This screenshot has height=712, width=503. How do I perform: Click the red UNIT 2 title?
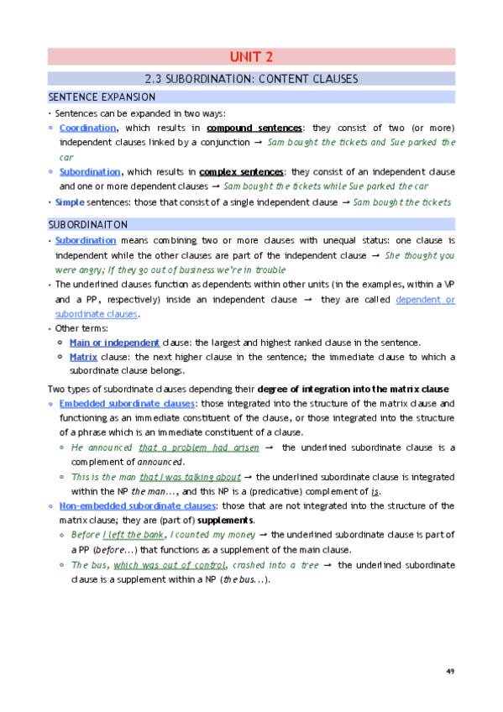click(251, 58)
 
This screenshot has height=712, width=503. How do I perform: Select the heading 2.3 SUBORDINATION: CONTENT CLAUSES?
click(251, 79)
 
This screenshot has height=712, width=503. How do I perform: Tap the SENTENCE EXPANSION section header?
click(102, 97)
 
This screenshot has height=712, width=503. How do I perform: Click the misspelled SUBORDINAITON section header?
click(88, 225)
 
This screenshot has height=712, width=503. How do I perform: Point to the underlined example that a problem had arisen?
click(198, 448)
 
